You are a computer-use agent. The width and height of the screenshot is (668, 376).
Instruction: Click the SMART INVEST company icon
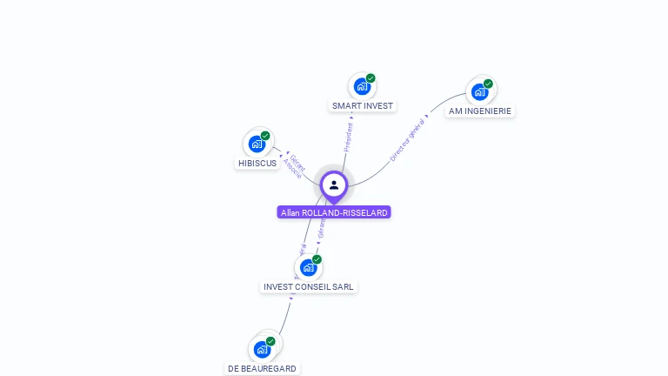click(362, 86)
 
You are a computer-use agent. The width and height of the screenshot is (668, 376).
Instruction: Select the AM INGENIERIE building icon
click(479, 91)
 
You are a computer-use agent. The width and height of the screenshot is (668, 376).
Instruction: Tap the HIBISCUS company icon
click(257, 144)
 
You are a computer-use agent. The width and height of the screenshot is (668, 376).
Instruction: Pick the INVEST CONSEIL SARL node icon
click(308, 267)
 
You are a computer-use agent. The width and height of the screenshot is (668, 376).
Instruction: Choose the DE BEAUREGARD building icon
click(262, 349)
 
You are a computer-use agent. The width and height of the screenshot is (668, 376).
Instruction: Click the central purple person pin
click(334, 185)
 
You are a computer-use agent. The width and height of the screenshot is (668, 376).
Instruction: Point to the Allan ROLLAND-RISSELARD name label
click(334, 212)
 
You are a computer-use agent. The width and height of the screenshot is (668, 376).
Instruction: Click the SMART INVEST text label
click(362, 106)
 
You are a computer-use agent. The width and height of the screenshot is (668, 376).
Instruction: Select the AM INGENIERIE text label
click(480, 111)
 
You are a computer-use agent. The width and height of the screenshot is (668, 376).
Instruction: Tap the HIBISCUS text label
click(257, 164)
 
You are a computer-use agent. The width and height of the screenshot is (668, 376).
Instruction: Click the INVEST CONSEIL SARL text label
click(309, 287)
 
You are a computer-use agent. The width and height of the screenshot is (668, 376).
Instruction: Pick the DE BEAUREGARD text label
click(262, 369)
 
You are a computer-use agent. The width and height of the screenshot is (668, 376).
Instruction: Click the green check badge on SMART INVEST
click(371, 78)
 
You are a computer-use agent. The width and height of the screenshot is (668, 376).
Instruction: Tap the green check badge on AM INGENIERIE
click(488, 84)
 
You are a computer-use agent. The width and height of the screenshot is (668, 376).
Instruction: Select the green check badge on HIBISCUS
click(265, 136)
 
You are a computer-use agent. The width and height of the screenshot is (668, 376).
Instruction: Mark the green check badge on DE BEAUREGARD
click(271, 341)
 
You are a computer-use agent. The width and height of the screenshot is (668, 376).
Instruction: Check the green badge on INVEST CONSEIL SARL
click(317, 259)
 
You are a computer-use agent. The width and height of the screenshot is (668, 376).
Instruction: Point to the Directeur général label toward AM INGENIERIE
click(408, 139)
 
